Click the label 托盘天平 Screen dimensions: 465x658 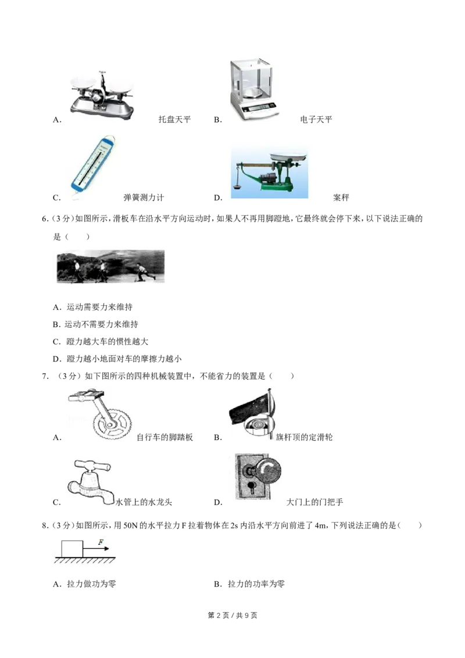point(174,120)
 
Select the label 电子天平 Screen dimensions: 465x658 point(316,120)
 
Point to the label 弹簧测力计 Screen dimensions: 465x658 point(144,198)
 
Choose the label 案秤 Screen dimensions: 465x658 point(341,198)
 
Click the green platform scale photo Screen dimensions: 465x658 point(270,173)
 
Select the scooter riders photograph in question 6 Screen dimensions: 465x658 point(110,266)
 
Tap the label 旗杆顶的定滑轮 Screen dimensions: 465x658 point(304,437)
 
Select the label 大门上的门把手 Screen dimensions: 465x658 point(315,502)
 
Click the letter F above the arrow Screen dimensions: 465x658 point(101,542)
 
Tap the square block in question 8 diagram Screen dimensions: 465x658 point(72,549)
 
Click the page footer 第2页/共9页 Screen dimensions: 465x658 point(233,615)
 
